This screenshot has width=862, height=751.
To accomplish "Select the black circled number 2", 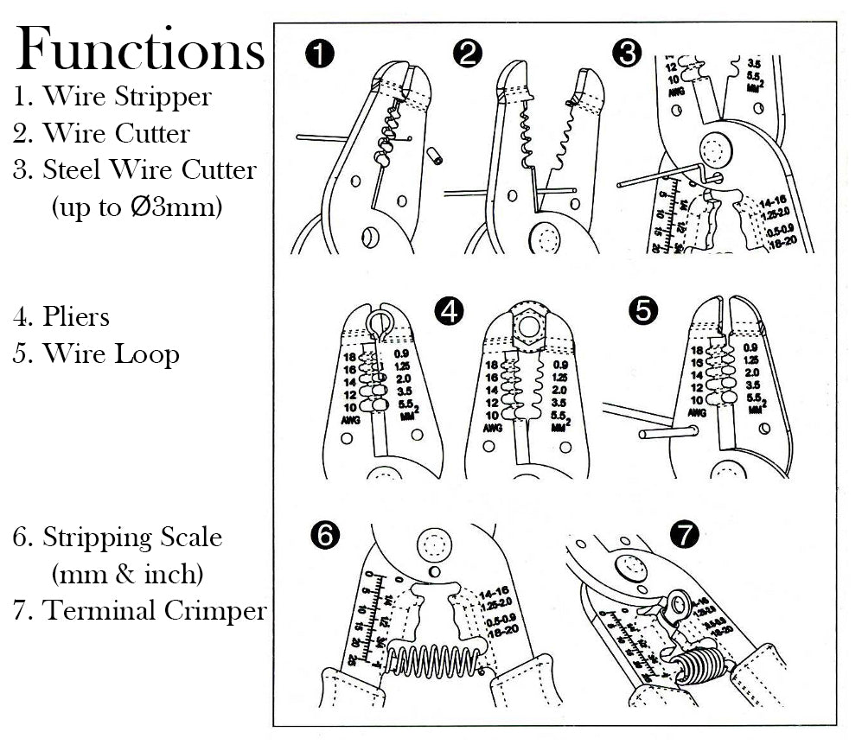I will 467,54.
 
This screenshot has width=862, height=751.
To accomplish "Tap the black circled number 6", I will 324,537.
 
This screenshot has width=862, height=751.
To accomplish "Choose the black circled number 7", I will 685,535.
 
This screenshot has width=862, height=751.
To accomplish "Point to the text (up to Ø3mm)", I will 137,207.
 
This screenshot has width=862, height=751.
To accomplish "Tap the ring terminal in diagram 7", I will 675,602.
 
